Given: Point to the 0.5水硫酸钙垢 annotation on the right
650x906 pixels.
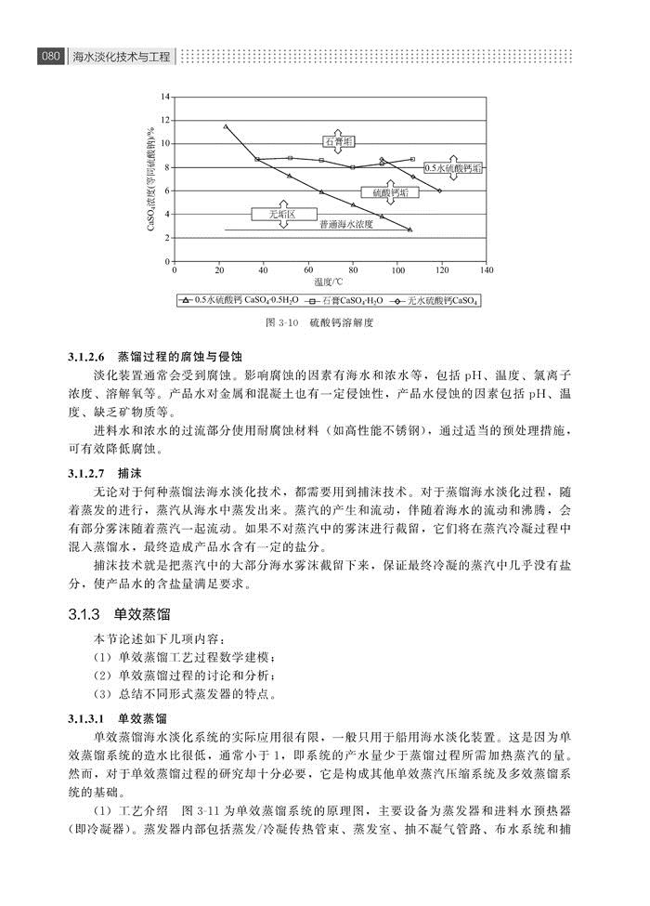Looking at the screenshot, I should click(453, 168).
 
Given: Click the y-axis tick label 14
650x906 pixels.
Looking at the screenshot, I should click(164, 97).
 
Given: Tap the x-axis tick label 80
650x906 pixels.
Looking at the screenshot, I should click(353, 270).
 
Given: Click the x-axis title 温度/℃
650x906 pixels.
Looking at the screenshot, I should click(328, 282).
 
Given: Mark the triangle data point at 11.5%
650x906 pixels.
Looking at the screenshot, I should click(226, 126).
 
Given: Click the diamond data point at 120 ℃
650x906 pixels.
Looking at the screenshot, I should click(439, 190).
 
